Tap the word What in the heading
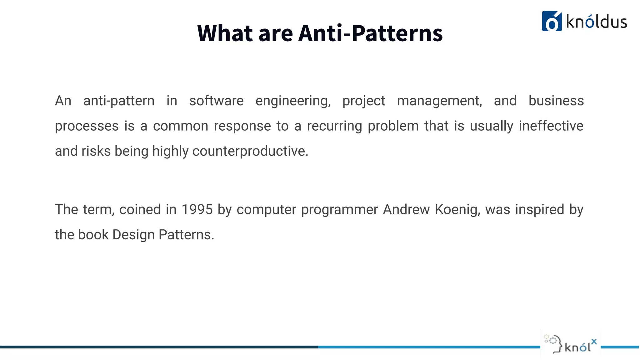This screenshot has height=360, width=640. [225, 33]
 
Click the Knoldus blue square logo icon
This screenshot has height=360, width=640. [552, 21]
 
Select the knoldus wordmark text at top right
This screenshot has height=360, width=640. [596, 22]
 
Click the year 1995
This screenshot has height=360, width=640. [197, 209]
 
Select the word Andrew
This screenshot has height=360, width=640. [406, 209]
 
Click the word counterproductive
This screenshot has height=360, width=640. [250, 151]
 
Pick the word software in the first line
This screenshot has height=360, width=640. [216, 101]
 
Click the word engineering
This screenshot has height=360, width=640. [293, 101]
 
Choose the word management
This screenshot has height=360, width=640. [439, 101]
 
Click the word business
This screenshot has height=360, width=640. [556, 101]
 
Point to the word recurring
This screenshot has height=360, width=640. [334, 126]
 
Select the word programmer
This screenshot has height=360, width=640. [339, 209]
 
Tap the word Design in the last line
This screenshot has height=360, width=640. [133, 235]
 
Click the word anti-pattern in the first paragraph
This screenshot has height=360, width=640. [119, 101]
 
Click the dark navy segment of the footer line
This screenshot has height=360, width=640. [156, 347]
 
